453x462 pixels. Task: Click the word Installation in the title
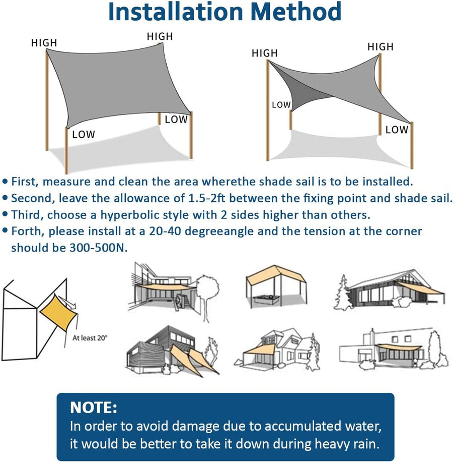176,12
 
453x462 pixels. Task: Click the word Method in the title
296,12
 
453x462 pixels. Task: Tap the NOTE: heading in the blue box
94,408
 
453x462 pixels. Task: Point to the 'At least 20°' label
90,337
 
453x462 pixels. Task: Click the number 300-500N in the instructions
99,248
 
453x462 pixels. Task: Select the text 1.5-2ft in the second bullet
207,198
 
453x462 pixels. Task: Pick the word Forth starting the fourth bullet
28,232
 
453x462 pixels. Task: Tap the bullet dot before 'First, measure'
5,181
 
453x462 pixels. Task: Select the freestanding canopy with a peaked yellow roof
276,286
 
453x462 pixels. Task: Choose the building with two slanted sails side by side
173,351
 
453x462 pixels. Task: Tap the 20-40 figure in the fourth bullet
165,232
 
